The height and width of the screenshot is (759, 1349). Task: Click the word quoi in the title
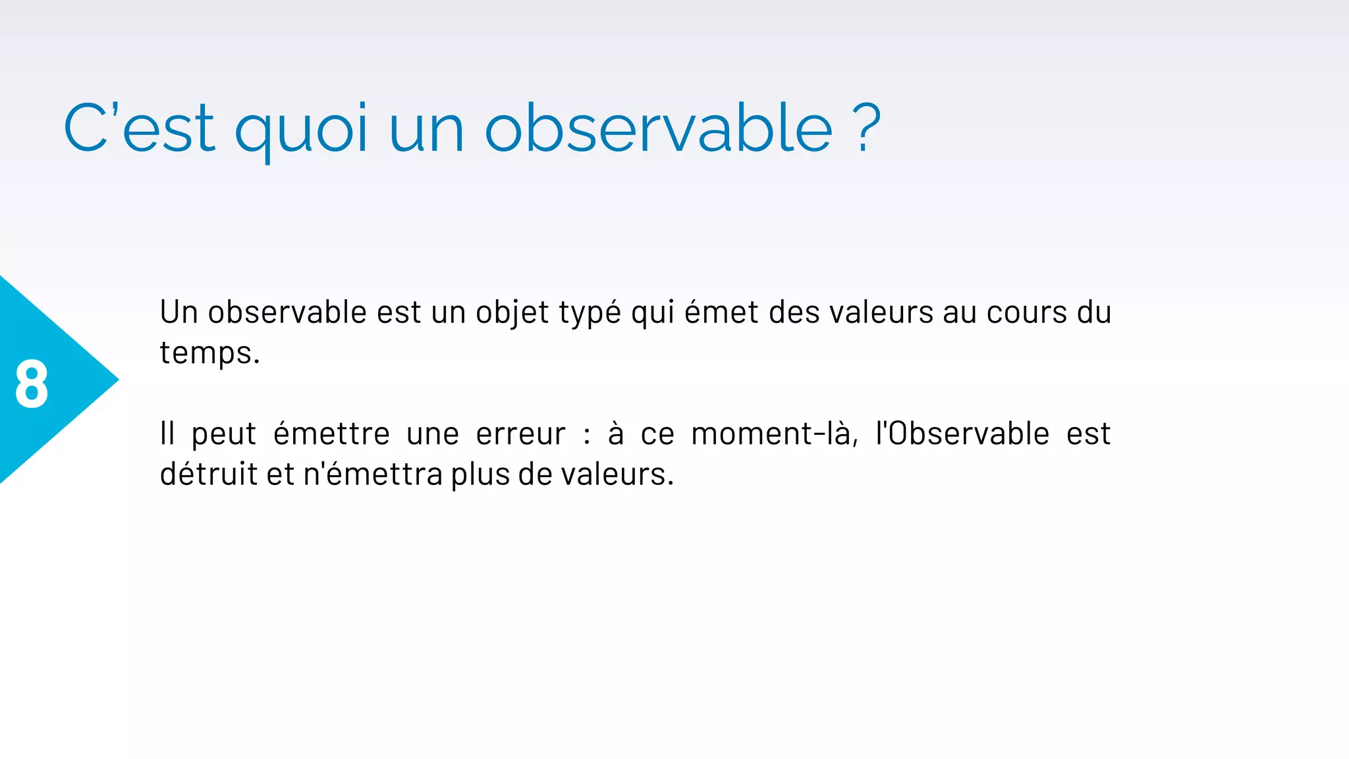coord(300,129)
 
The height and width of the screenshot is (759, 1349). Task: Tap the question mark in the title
coord(868,129)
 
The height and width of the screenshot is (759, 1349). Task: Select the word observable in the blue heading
coord(659,128)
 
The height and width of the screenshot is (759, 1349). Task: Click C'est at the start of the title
coord(139,128)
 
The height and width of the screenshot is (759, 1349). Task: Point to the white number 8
coord(32,384)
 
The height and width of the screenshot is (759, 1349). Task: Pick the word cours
coord(1027,312)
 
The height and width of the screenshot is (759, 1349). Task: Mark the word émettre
coord(331,434)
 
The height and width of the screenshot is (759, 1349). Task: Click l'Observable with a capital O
coord(962,434)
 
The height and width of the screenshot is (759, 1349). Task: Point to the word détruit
coord(208,474)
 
